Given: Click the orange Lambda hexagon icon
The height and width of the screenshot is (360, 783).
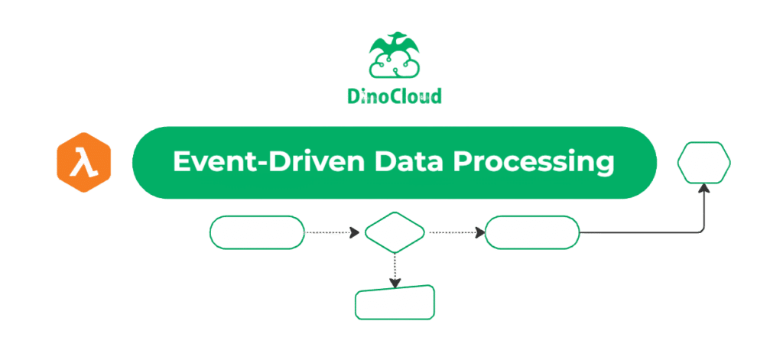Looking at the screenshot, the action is click(x=83, y=162).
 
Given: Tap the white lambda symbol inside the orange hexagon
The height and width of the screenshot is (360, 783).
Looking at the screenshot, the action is click(x=83, y=163).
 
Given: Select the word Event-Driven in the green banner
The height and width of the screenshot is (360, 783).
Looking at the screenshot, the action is click(x=264, y=162).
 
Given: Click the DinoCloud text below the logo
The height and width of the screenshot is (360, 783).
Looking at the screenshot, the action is click(x=395, y=96).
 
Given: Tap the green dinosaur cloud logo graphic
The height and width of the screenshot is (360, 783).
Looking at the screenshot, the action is click(x=395, y=55).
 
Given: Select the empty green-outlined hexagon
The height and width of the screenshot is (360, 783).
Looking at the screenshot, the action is click(x=704, y=162).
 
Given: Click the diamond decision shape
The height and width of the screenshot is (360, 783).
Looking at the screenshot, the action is click(x=395, y=232).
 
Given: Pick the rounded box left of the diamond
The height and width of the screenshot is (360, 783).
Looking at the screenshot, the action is click(x=257, y=232).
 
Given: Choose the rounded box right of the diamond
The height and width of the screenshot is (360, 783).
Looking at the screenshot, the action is click(x=532, y=232).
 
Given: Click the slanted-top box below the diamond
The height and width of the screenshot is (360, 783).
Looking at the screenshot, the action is click(x=395, y=303).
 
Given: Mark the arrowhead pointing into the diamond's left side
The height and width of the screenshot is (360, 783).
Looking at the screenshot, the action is click(x=355, y=232).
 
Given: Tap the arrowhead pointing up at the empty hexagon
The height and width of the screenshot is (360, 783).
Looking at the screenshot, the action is click(x=704, y=188).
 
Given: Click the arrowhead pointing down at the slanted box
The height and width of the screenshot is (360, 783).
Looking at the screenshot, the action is click(x=395, y=283).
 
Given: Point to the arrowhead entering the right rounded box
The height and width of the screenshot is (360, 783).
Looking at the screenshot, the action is click(x=480, y=232).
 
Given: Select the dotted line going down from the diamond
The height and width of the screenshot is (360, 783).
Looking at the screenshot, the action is click(x=395, y=267).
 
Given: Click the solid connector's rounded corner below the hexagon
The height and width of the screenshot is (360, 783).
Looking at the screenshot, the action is click(x=702, y=230).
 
